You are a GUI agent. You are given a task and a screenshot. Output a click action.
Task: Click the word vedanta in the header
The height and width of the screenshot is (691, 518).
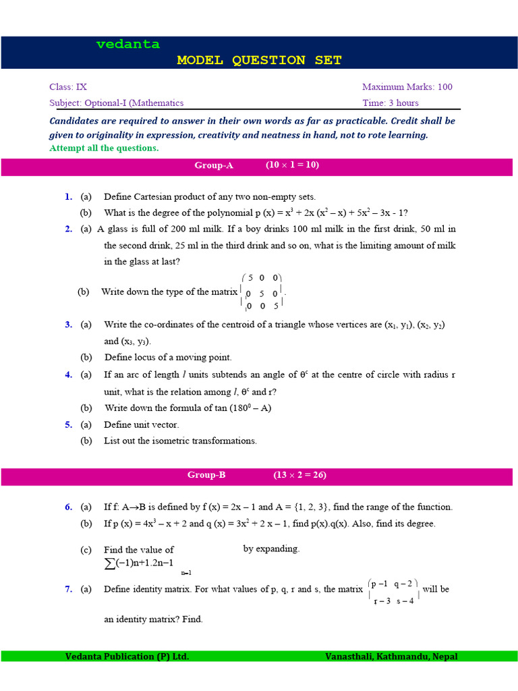pyautogui.click(x=128, y=45)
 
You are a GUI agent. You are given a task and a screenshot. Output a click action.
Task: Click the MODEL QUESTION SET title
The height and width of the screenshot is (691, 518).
pyautogui.click(x=259, y=60)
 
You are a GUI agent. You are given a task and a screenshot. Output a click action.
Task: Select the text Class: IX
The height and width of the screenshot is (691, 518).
pyautogui.click(x=68, y=87)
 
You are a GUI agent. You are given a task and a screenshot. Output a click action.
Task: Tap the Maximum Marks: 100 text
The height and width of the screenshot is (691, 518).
pyautogui.click(x=407, y=87)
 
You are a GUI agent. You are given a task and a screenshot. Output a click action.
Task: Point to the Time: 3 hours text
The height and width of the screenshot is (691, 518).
pyautogui.click(x=390, y=103)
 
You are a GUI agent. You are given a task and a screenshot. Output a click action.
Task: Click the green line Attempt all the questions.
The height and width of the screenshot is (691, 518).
pyautogui.click(x=105, y=148)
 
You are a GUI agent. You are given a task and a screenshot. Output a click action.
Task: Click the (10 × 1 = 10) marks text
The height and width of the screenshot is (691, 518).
pyautogui.click(x=292, y=165)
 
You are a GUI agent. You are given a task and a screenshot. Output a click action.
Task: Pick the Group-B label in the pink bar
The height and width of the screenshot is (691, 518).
pyautogui.click(x=206, y=475)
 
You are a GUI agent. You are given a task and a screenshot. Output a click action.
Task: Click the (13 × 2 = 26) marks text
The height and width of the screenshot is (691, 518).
pyautogui.click(x=299, y=475)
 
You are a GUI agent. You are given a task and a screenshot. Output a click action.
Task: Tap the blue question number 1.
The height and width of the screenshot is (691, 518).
pyautogui.click(x=68, y=197)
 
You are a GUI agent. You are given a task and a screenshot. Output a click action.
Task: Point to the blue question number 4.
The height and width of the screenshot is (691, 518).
pyautogui.click(x=68, y=375)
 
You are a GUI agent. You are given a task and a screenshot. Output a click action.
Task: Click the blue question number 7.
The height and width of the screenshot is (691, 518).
pyautogui.click(x=68, y=589)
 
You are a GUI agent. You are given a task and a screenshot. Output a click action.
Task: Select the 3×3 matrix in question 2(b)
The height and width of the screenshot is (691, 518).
pyautogui.click(x=262, y=292)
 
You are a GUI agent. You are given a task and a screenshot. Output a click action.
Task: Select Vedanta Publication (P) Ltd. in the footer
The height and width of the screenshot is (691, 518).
pyautogui.click(x=127, y=657)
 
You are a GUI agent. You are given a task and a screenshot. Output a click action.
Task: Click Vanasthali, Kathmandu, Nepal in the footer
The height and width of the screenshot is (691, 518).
pyautogui.click(x=392, y=657)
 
